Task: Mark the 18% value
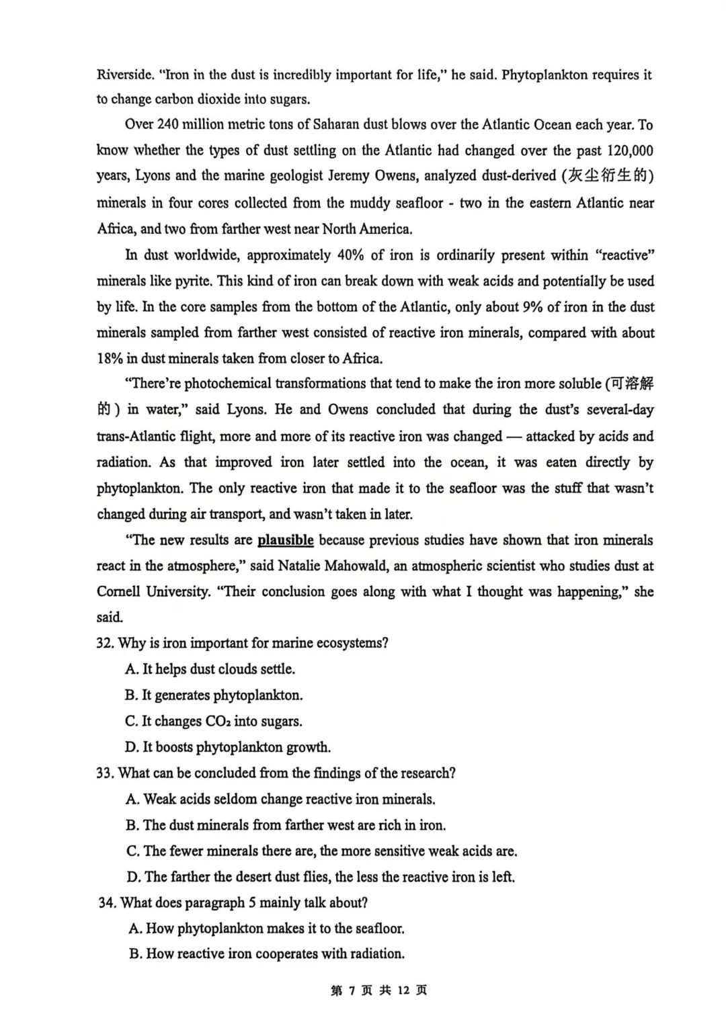tap(110, 359)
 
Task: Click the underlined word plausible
tap(285, 540)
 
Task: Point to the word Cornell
tap(118, 592)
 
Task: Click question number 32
tap(105, 644)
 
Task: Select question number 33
tap(105, 773)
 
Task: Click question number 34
tap(107, 903)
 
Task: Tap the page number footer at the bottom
tap(379, 991)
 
